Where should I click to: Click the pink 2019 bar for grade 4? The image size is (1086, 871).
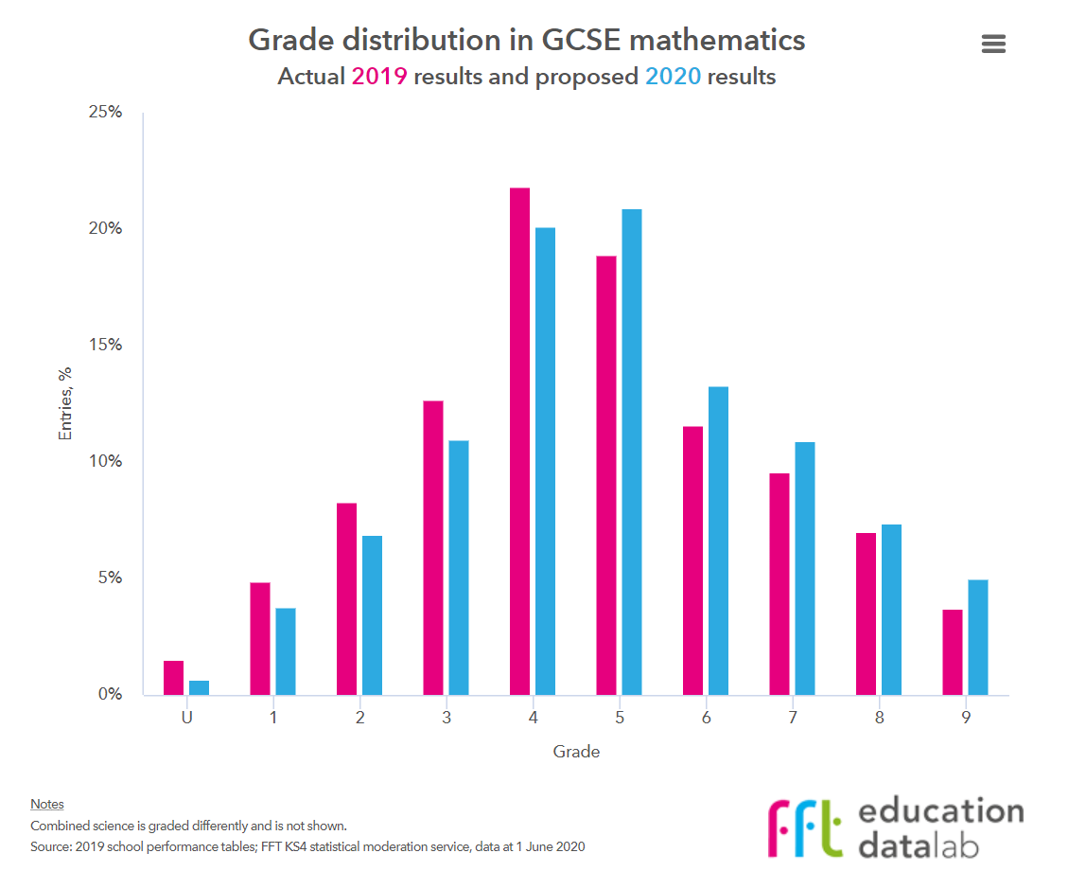519,441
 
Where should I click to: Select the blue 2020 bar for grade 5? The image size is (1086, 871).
631,452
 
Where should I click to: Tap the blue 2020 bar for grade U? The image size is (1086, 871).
199,687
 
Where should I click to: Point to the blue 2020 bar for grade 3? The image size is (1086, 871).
458,567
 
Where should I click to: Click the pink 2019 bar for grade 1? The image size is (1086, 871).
260,638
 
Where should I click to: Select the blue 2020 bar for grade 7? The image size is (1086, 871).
804,568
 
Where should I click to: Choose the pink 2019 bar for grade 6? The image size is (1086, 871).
692,560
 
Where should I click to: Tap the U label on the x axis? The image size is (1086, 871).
187,718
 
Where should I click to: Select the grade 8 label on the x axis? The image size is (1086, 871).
879,718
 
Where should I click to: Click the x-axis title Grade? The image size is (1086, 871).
576,753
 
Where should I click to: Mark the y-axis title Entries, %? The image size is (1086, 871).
66,402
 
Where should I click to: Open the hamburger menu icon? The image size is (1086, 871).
993,44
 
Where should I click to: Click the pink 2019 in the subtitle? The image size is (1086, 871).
379,77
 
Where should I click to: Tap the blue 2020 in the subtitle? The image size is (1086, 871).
673,77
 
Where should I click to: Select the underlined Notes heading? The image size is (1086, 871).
47,804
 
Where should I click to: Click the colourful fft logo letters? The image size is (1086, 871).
803,827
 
